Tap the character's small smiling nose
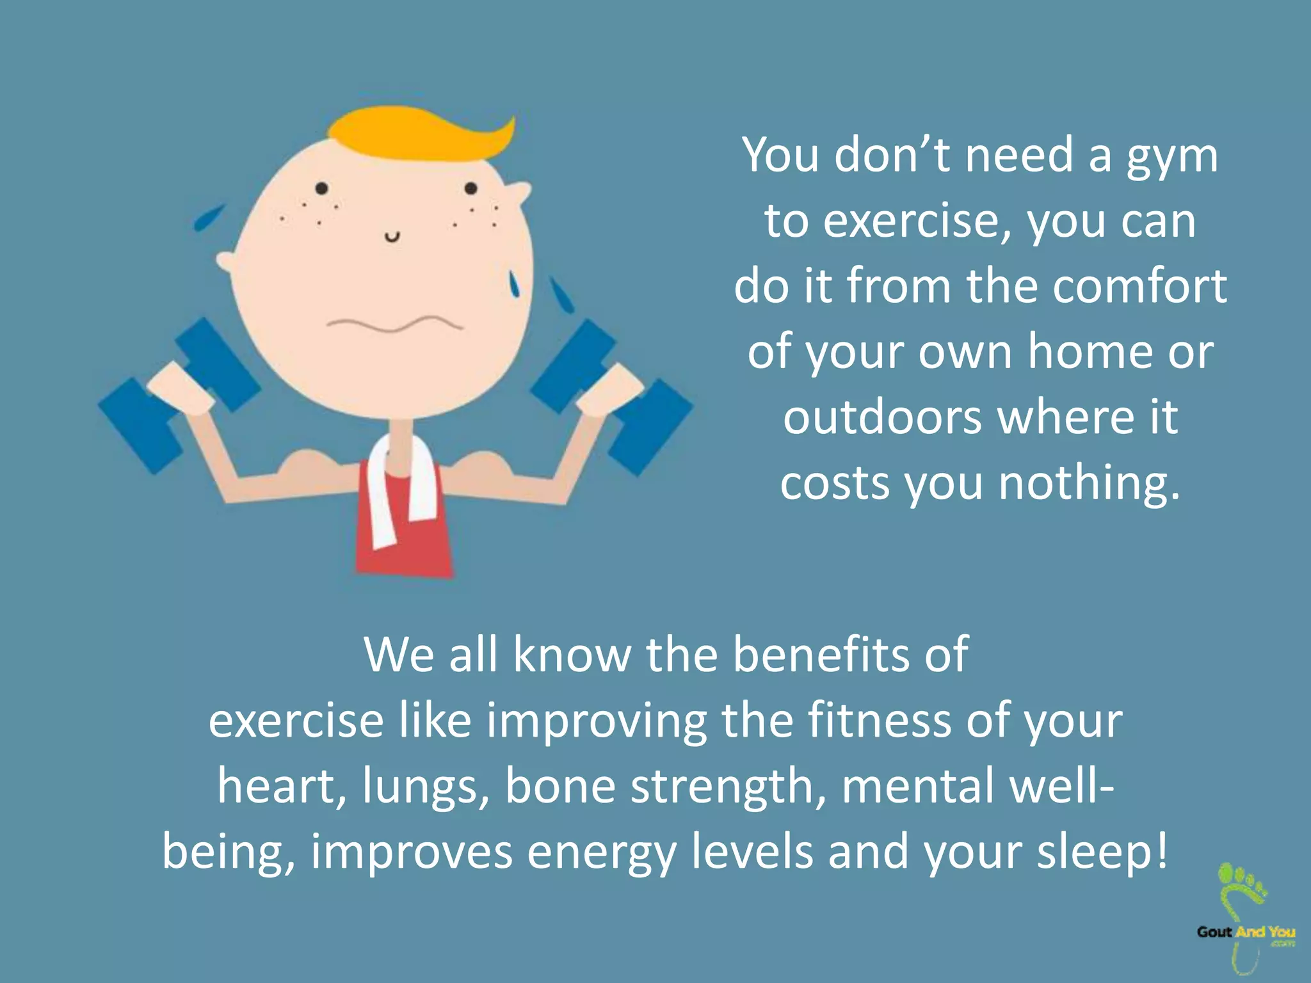tap(392, 237)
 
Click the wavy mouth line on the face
tap(394, 324)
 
